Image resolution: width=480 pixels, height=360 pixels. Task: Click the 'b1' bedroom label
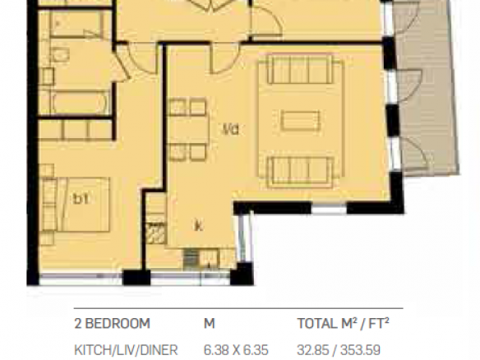(x=81, y=200)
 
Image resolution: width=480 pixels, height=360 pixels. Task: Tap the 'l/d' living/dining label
(x=230, y=130)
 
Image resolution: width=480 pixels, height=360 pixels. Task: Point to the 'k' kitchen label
(x=199, y=226)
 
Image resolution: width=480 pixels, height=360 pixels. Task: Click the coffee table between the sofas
(x=300, y=120)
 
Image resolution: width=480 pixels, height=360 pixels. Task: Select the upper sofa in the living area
(x=300, y=70)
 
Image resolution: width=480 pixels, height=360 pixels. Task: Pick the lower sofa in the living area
(x=300, y=172)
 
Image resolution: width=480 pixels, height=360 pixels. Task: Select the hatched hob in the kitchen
(x=155, y=233)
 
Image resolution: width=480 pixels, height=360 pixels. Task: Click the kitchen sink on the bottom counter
(x=208, y=258)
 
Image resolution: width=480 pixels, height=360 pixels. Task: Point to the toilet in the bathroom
(x=61, y=55)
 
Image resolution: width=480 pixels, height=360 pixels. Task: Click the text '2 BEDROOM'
(x=112, y=323)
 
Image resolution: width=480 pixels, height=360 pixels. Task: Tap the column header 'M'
(x=210, y=324)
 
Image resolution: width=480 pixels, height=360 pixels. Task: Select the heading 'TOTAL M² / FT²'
(x=344, y=323)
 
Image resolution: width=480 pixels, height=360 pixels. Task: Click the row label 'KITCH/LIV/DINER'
(x=126, y=350)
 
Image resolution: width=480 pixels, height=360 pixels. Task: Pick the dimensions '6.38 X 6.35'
(x=236, y=350)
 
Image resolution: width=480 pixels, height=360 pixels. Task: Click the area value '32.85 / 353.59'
(x=339, y=350)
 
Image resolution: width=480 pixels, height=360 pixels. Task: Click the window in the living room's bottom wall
(x=329, y=209)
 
